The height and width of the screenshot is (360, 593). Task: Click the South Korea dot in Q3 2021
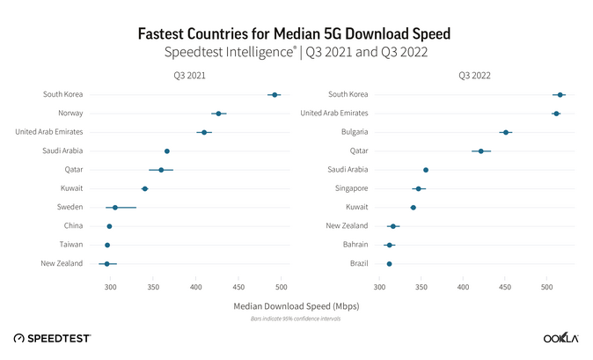pyautogui.click(x=275, y=94)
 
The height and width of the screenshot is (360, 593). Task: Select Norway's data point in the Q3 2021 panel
pyautogui.click(x=218, y=114)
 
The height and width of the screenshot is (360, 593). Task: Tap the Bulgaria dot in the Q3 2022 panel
pyautogui.click(x=505, y=132)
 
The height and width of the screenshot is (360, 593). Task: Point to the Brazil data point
pyautogui.click(x=389, y=263)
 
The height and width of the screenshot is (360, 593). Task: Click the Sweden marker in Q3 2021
pyautogui.click(x=115, y=207)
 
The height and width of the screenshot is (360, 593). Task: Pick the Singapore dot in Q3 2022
pyautogui.click(x=419, y=188)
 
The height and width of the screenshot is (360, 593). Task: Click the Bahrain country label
pyautogui.click(x=353, y=245)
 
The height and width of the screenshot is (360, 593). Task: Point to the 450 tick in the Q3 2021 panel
pyautogui.click(x=238, y=287)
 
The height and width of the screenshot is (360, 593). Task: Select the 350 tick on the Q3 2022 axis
pyautogui.click(x=421, y=287)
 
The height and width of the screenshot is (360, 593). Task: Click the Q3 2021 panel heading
pyautogui.click(x=189, y=76)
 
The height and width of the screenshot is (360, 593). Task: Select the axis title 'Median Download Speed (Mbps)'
pyautogui.click(x=296, y=305)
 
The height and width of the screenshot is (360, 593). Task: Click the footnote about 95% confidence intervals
pyautogui.click(x=296, y=318)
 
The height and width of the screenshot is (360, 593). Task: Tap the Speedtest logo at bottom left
pyautogui.click(x=53, y=338)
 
